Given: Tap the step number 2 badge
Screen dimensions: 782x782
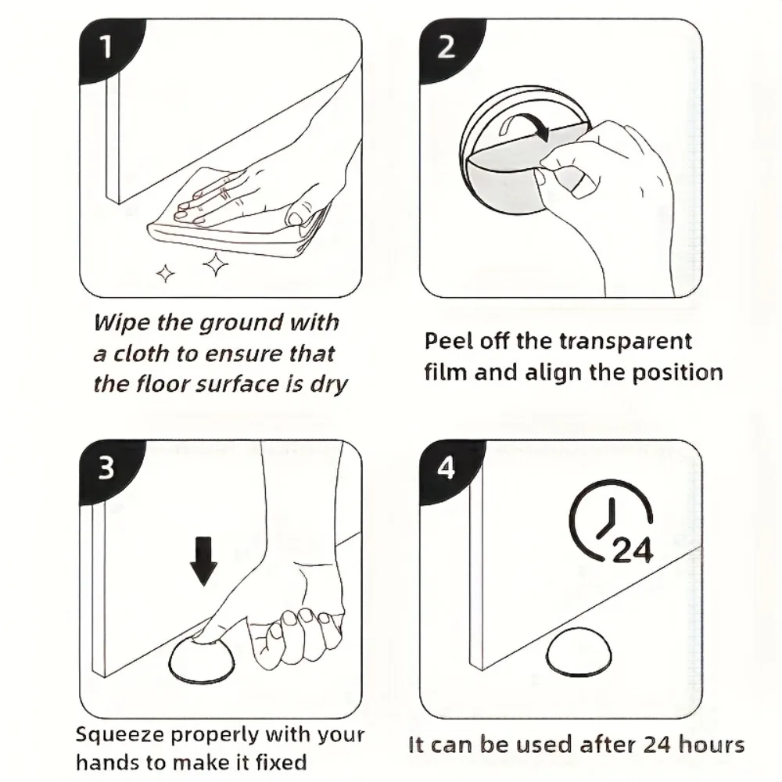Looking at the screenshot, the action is coord(447,48).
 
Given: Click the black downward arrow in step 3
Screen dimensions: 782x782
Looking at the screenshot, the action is coord(203,561).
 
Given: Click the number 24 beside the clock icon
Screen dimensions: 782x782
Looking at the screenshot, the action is coord(632,551).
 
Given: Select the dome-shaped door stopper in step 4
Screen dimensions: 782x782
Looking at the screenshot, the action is coord(579,651).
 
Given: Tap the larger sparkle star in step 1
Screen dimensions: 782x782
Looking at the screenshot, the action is coord(216,264).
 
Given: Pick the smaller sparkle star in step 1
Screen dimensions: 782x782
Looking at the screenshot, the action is coord(166,273).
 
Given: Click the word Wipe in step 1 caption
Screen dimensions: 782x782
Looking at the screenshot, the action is coord(122,324).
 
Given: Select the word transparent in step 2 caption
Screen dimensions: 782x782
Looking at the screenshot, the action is coord(626,343).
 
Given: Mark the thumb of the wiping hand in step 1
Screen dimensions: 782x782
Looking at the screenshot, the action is coord(302,213).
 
